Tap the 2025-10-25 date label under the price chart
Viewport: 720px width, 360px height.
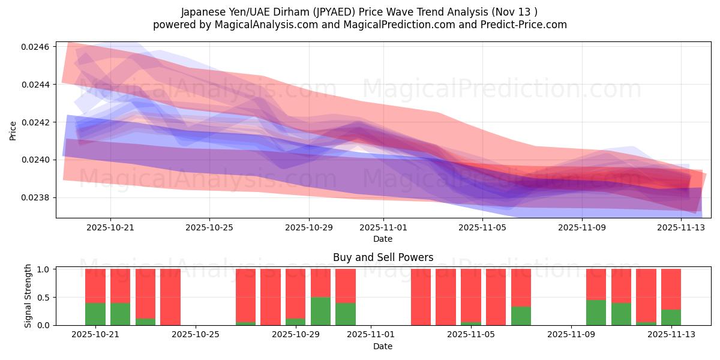[209, 227]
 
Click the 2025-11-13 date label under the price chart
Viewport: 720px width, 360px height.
[682, 227]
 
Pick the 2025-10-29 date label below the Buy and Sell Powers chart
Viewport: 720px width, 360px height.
[296, 335]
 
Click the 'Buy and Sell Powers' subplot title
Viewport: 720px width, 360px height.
[383, 257]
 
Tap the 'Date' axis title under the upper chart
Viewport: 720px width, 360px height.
[383, 239]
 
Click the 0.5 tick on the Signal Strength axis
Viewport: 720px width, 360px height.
[44, 298]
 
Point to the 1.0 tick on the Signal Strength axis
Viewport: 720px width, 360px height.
[44, 269]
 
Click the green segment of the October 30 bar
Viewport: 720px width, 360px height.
[320, 311]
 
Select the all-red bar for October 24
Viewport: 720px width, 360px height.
[170, 297]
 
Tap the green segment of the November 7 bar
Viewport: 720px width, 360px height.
[521, 316]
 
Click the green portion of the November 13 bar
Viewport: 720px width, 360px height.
[671, 317]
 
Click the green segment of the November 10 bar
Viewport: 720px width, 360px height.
[596, 313]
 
